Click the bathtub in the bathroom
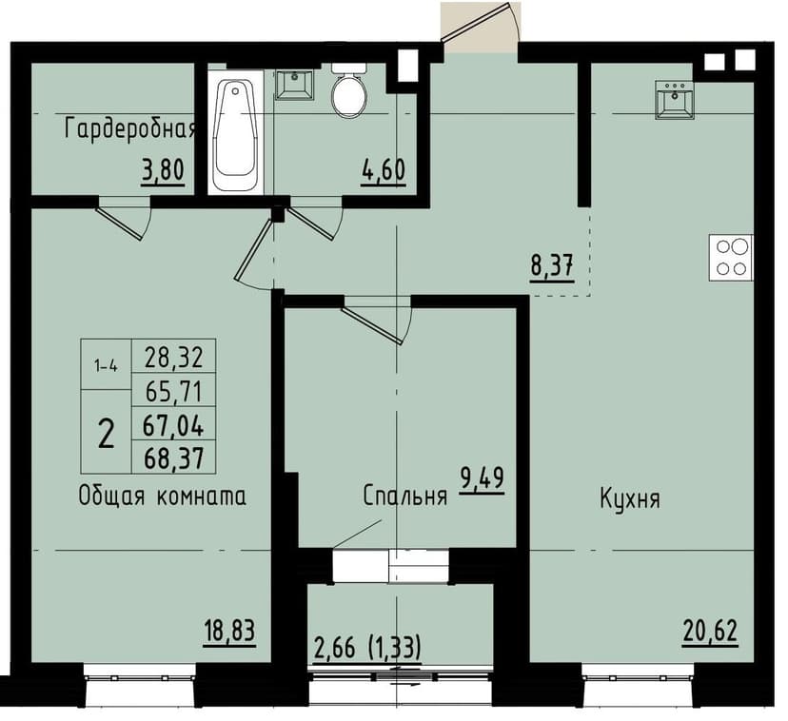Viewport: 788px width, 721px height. click(x=235, y=134)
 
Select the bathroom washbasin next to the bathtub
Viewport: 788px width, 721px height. click(x=294, y=84)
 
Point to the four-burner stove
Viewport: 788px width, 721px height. click(x=730, y=257)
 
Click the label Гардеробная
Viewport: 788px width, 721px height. click(x=129, y=128)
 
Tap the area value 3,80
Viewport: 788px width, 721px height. click(x=161, y=172)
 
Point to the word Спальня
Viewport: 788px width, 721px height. click(x=404, y=496)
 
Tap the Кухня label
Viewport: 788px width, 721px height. click(x=630, y=498)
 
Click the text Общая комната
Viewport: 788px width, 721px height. click(x=163, y=496)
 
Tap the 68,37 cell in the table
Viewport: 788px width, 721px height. click(x=173, y=458)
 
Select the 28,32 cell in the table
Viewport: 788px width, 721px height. click(x=173, y=358)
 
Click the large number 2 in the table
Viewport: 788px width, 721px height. click(x=106, y=434)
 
